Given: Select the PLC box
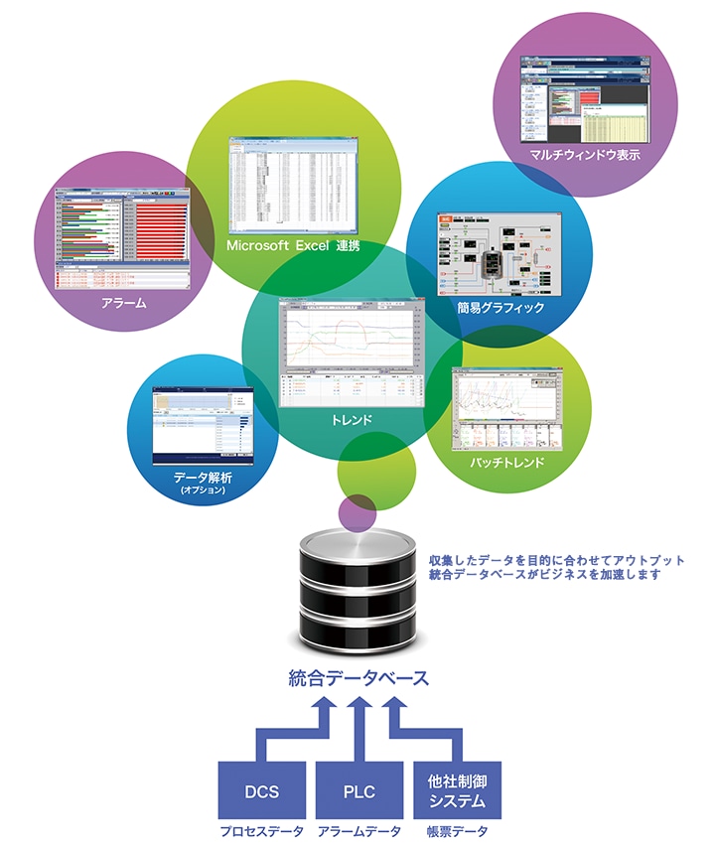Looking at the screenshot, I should pyautogui.click(x=358, y=789).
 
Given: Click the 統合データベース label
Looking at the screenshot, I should pyautogui.click(x=358, y=679).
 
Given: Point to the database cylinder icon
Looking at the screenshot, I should pyautogui.click(x=358, y=591).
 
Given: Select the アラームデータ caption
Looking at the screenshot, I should pyautogui.click(x=358, y=829).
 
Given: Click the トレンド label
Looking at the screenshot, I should pyautogui.click(x=353, y=420).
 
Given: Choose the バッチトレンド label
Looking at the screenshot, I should pyautogui.click(x=504, y=463).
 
